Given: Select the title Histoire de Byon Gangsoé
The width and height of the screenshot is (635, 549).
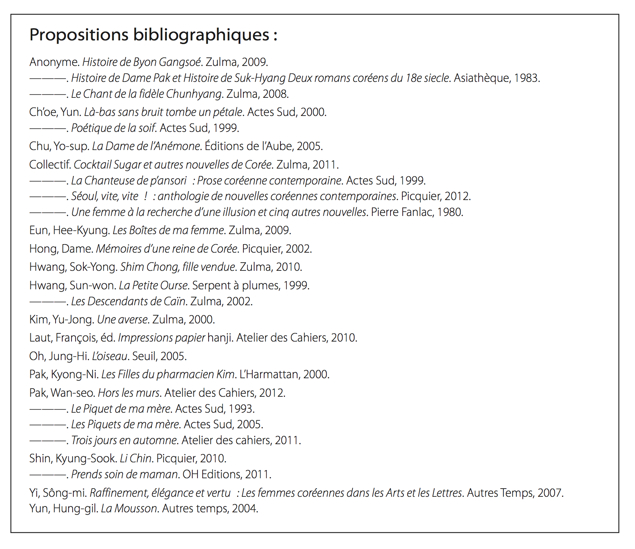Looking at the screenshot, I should [142, 62].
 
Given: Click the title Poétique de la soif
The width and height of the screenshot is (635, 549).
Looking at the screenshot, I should [113, 128].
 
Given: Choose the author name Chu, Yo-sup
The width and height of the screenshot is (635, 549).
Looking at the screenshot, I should [59, 146].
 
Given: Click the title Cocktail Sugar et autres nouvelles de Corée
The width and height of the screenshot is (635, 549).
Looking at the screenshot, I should [173, 164].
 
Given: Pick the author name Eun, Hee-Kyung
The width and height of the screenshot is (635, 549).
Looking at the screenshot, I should [69, 230].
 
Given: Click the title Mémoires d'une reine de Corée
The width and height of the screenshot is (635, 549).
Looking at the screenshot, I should [166, 249].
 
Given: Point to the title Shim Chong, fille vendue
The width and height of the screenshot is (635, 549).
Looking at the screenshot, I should [177, 267].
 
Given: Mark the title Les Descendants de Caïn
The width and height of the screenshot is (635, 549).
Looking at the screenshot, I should [128, 301].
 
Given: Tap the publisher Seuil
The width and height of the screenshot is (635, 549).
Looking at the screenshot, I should [144, 356].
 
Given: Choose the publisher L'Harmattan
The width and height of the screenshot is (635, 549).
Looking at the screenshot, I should [269, 374].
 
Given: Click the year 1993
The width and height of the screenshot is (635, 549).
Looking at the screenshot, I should [241, 409].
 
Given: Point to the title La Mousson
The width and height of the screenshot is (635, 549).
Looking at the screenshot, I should [129, 508].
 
